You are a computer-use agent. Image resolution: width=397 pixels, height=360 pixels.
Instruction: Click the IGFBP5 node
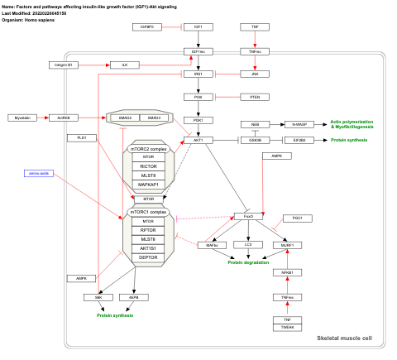coord(146,27)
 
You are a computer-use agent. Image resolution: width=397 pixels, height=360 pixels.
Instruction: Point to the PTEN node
coord(254,97)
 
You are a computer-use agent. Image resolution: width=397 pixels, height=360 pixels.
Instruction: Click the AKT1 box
coord(198,141)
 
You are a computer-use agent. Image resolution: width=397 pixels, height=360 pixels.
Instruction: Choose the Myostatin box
coord(22,118)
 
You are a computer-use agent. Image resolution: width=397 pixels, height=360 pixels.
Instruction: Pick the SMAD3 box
coord(154,118)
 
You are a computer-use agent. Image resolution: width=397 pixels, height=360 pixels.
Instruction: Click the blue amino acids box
coord(40,173)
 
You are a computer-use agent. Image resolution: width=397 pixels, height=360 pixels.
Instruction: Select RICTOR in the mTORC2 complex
coord(148,166)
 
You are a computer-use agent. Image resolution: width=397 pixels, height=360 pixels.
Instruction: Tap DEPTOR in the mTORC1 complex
coord(148,257)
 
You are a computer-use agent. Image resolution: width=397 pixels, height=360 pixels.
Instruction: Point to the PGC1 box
coord(297,218)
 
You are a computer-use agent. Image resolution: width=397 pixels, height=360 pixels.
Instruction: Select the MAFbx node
coord(211,245)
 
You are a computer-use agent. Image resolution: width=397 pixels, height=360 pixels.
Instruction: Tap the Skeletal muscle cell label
coord(344,338)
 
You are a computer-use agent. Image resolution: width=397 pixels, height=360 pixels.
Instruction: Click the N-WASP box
coord(298,124)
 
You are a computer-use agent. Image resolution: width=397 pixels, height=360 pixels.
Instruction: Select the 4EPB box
coord(134,296)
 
